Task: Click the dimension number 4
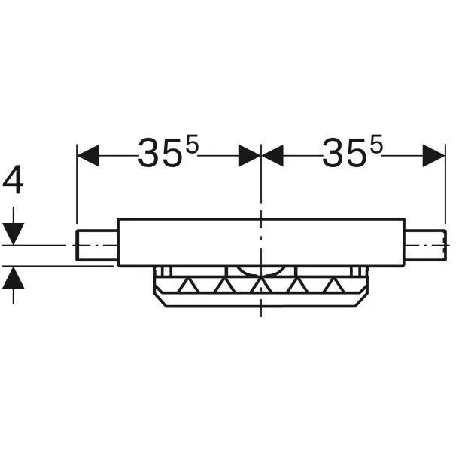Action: pos(13,179)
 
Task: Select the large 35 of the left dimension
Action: pos(160,154)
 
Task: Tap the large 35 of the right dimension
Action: pos(344,154)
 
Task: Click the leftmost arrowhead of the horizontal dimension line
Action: pos(88,155)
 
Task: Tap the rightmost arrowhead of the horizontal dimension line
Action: pos(433,155)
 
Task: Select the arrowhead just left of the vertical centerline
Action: pos(249,155)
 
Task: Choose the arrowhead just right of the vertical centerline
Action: pos(272,155)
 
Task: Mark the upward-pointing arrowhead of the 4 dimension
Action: pos(14,277)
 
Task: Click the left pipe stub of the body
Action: pos(96,245)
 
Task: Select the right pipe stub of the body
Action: pos(425,245)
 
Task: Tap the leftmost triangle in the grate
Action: pos(189,285)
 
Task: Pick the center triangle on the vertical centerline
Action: pos(261,285)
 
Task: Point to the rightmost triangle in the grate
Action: pos(333,285)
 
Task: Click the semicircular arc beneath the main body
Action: pos(261,271)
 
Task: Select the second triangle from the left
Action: pos(225,285)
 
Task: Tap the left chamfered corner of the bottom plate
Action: pos(160,300)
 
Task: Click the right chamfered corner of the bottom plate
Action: pos(362,300)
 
